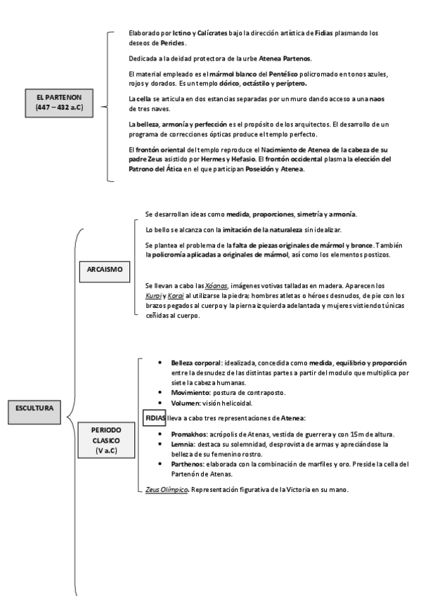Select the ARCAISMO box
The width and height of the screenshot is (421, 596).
tap(104, 269)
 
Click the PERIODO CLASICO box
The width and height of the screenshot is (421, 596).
tap(105, 440)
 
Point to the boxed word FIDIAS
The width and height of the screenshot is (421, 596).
tap(155, 417)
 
